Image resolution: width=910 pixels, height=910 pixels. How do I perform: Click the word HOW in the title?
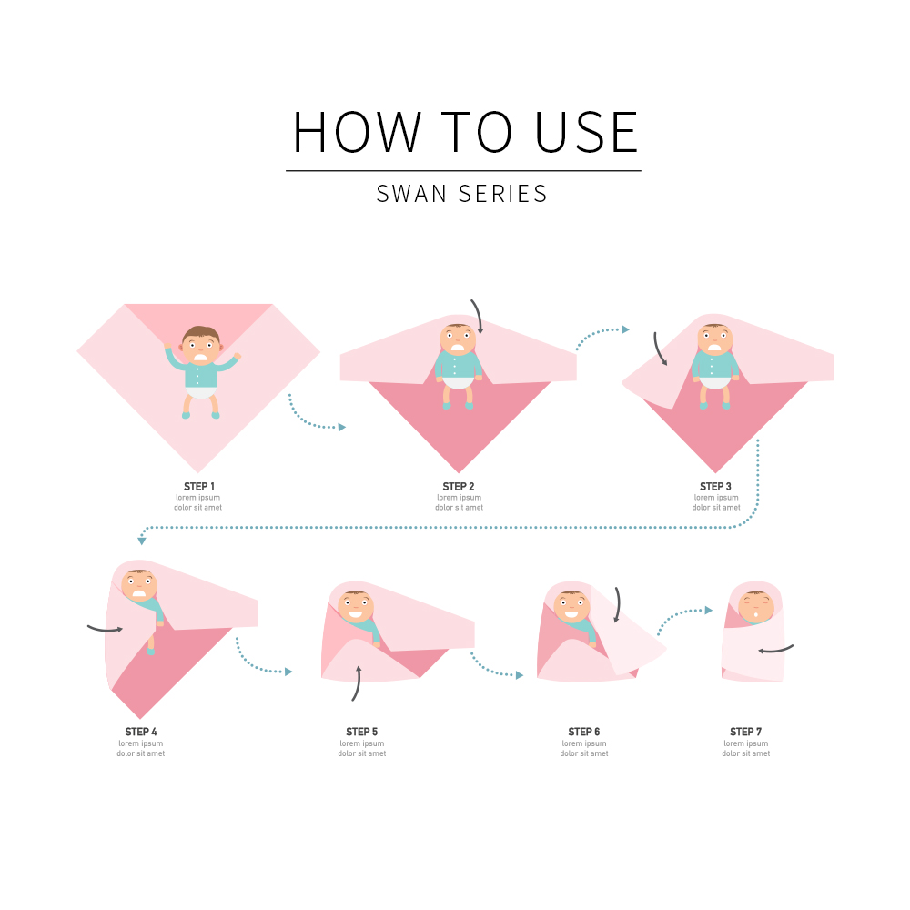pos(357,132)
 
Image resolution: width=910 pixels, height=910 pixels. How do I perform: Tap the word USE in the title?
pos(586,132)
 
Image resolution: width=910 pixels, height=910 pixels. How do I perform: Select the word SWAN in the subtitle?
pos(411,194)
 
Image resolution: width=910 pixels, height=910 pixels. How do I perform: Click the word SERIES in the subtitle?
pos(502,194)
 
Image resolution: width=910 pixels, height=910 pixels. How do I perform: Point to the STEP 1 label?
pos(199,486)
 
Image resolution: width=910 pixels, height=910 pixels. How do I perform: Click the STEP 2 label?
pos(459,486)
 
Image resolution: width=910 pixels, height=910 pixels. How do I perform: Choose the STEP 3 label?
pos(715,486)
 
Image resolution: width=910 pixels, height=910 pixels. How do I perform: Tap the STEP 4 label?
pos(141,732)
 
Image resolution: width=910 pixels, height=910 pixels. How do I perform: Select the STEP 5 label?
pos(361,732)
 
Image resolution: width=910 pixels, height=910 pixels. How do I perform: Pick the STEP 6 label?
pos(584,732)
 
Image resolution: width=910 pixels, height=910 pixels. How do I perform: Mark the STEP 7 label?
pos(746,732)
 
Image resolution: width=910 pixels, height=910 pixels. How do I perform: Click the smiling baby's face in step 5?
pos(356,607)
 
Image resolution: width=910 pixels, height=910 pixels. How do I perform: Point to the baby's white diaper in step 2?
pos(458,382)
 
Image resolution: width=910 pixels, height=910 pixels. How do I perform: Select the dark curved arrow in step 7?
pos(776,650)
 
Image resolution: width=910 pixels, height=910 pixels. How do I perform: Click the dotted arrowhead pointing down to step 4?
pos(142,541)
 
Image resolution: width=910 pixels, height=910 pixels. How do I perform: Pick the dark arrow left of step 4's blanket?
pos(105,629)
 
